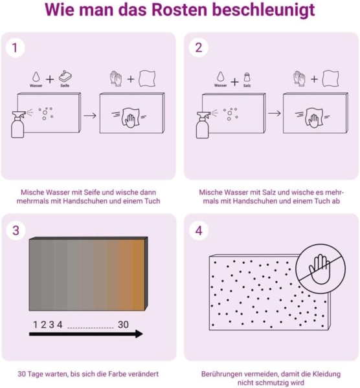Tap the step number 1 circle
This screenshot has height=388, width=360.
(x=15, y=48)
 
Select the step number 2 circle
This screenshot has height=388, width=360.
(x=199, y=48)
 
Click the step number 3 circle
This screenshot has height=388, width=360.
(x=16, y=230)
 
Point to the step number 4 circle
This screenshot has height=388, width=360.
(x=199, y=230)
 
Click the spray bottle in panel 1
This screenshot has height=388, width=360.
(x=18, y=124)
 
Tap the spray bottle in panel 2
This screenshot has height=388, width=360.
(x=203, y=124)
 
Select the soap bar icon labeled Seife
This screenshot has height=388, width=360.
(x=65, y=76)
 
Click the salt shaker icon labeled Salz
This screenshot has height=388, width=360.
(x=247, y=77)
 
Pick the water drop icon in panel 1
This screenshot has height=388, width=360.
(x=36, y=77)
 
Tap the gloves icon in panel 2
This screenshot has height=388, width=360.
(x=299, y=78)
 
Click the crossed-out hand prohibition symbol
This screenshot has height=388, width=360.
(x=321, y=269)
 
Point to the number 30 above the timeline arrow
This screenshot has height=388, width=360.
(x=123, y=325)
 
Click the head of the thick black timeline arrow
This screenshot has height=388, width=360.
(x=139, y=334)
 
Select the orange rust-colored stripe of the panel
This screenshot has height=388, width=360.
(x=138, y=275)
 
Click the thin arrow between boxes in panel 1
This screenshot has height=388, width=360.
(x=90, y=116)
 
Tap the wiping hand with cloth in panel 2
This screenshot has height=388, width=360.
(x=314, y=118)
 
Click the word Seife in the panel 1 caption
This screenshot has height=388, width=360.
(x=92, y=192)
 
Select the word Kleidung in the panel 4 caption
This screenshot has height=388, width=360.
(x=326, y=374)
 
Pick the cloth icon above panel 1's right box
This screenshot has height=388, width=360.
(x=147, y=78)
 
